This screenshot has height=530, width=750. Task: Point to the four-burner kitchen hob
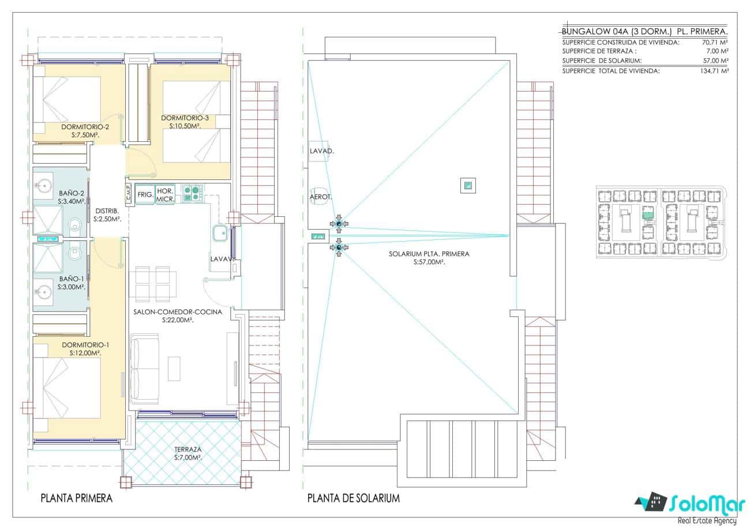(x=192, y=193)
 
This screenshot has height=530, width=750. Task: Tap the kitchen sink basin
(x=220, y=234)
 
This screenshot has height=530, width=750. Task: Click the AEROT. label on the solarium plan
(x=321, y=197)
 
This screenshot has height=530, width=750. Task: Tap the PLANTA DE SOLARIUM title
(x=353, y=498)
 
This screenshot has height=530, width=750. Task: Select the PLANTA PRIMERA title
(x=76, y=498)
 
